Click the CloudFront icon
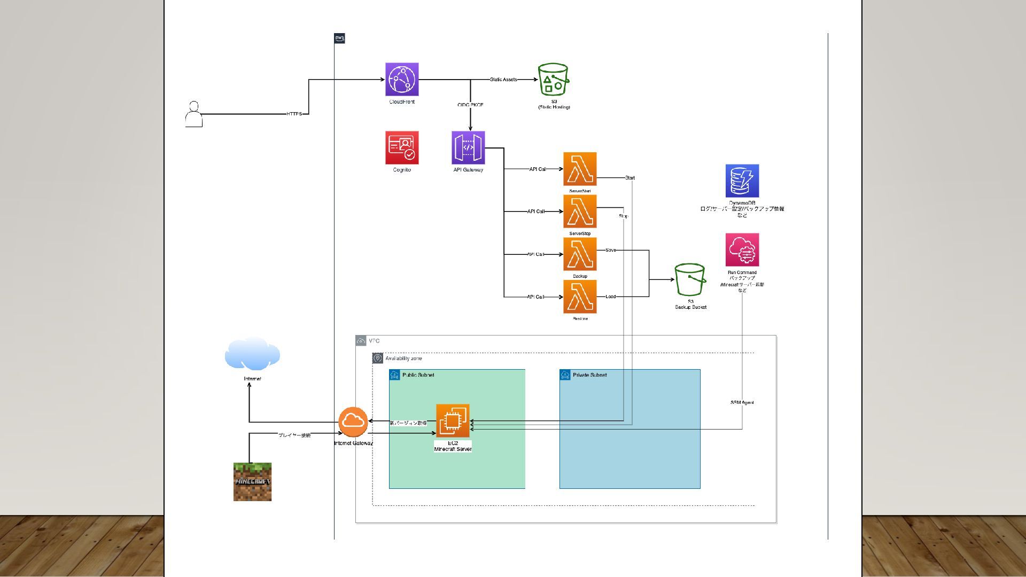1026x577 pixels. point(402,80)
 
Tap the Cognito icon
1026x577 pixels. point(402,148)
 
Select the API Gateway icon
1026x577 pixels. point(468,148)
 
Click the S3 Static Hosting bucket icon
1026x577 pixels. point(553,80)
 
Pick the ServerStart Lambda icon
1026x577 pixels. point(580,169)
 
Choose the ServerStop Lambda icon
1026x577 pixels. point(580,212)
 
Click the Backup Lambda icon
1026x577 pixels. point(580,254)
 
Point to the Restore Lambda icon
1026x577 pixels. point(580,297)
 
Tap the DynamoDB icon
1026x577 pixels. point(742,181)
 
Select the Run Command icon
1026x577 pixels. point(742,249)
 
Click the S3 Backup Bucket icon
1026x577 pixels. point(690,279)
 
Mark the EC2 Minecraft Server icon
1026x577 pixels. point(453,421)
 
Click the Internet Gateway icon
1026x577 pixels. point(353,422)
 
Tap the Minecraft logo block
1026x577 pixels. point(252,482)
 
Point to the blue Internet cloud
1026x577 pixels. point(252,354)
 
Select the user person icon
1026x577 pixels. point(193,114)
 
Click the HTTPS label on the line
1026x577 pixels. point(294,114)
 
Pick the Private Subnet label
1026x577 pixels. point(589,375)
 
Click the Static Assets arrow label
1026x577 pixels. point(503,80)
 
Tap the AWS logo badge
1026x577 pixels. point(339,38)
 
